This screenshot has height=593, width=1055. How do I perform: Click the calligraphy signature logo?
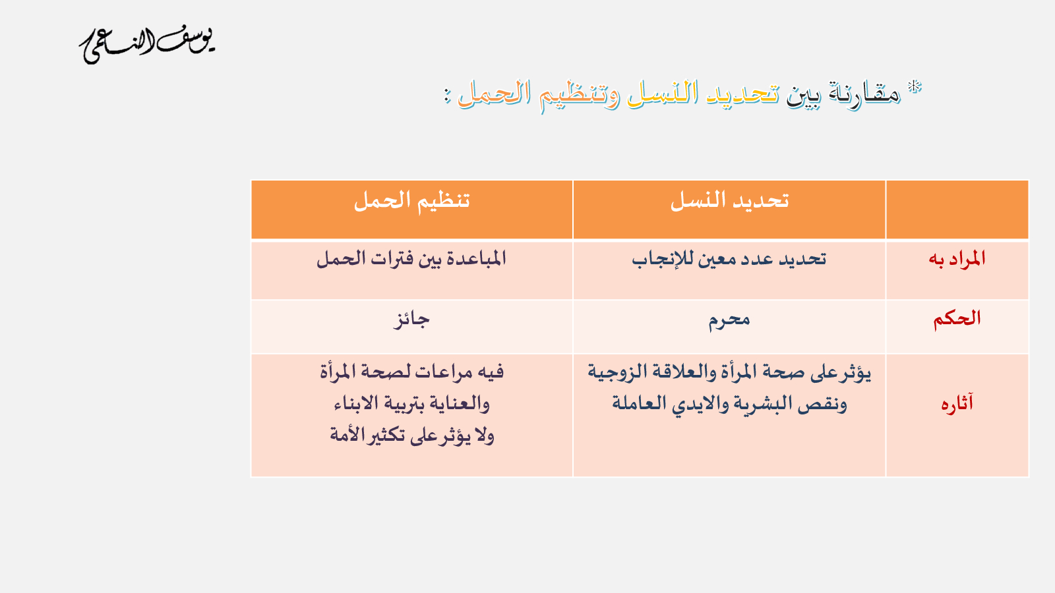[x=147, y=45]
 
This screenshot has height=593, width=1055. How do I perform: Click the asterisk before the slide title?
[x=915, y=88]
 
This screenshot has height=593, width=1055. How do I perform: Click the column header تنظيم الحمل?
[x=411, y=201]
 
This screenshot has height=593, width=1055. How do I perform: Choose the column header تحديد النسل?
[x=729, y=201]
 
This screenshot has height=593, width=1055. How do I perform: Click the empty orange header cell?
[x=957, y=210]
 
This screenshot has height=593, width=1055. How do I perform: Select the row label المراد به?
[x=957, y=259]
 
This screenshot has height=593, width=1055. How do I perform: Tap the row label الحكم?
[x=957, y=319]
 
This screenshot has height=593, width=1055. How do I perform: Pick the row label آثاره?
[x=957, y=404]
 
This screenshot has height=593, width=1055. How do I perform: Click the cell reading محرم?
[x=729, y=320]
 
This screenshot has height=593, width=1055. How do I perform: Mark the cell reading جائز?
[x=411, y=320]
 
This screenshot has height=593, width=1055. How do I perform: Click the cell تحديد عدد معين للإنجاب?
[x=729, y=260]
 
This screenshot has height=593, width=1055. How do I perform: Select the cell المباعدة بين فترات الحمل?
[x=411, y=259]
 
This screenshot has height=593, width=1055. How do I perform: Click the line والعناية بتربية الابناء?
[x=411, y=404]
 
